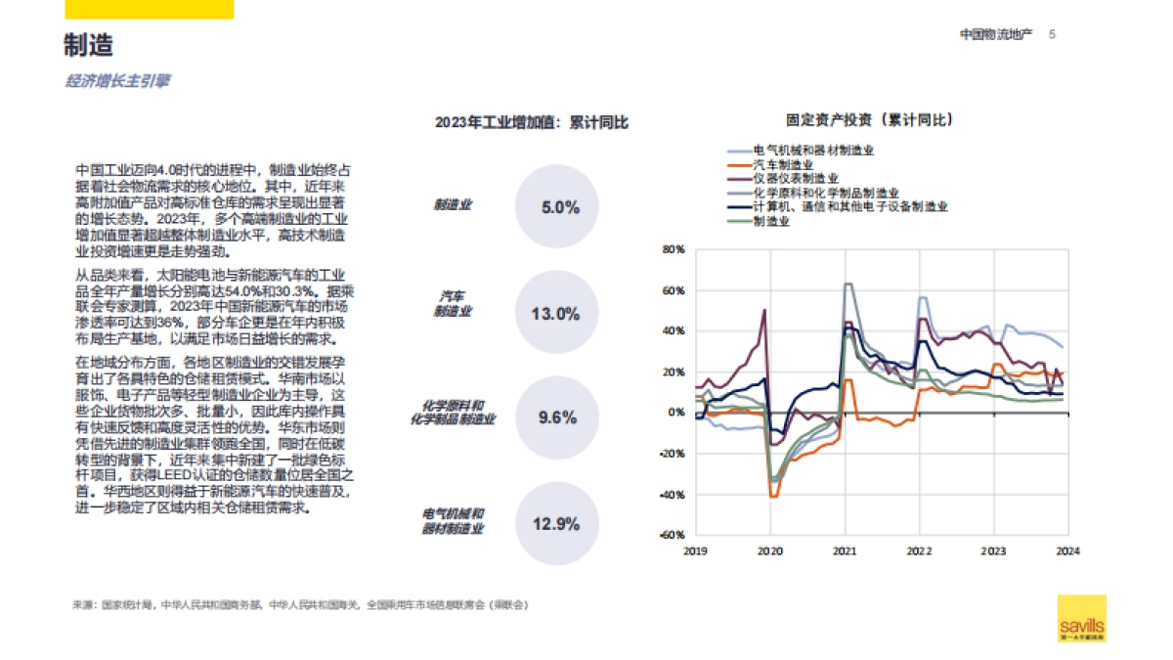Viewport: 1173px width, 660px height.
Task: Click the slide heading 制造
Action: tap(89, 46)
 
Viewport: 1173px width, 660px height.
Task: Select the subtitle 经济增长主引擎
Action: tap(117, 81)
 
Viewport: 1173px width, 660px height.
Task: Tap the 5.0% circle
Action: tap(559, 207)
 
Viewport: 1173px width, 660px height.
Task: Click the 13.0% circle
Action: tap(554, 314)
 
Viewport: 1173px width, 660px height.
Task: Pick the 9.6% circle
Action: tap(557, 418)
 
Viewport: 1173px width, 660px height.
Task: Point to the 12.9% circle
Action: tap(555, 523)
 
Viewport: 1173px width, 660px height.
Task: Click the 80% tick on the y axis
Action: tap(673, 249)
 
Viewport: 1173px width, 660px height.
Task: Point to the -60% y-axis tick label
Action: tap(671, 535)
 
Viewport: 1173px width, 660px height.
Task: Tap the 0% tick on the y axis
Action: tap(675, 413)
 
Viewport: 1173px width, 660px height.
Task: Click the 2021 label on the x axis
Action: tap(845, 551)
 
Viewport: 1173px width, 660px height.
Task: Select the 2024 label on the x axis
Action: tap(1067, 551)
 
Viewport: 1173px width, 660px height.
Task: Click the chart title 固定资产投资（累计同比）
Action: tap(870, 120)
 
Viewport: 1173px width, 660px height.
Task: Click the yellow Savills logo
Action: tap(1082, 618)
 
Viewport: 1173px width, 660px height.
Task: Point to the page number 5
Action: tap(1052, 34)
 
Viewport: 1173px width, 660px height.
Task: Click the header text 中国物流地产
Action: tap(996, 34)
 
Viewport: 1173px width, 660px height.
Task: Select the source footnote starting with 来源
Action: tap(299, 605)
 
